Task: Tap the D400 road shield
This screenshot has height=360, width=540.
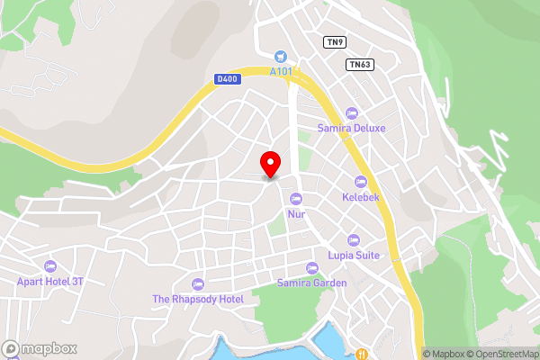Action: pyautogui.click(x=227, y=79)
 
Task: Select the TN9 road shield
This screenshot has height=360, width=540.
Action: pyautogui.click(x=335, y=41)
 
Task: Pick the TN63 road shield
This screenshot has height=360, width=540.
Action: pyautogui.click(x=359, y=64)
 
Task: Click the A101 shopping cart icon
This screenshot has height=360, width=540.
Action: pyautogui.click(x=280, y=56)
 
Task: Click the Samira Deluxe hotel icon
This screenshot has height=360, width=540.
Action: pyautogui.click(x=351, y=113)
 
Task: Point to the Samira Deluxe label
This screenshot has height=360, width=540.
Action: pyautogui.click(x=351, y=129)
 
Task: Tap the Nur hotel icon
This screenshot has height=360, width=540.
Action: pyautogui.click(x=296, y=199)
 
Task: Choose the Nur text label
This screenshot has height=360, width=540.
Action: pyautogui.click(x=296, y=214)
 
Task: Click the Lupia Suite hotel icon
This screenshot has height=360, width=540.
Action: pyautogui.click(x=353, y=240)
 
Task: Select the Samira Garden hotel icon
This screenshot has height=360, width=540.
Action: pyautogui.click(x=312, y=268)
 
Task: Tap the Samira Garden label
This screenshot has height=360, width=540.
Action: pyautogui.click(x=312, y=283)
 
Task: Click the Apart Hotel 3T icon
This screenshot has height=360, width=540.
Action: pyautogui.click(x=49, y=266)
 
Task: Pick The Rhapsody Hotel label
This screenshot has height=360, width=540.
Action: pyautogui.click(x=198, y=299)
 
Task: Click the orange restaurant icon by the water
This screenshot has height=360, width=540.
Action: pyautogui.click(x=361, y=354)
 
